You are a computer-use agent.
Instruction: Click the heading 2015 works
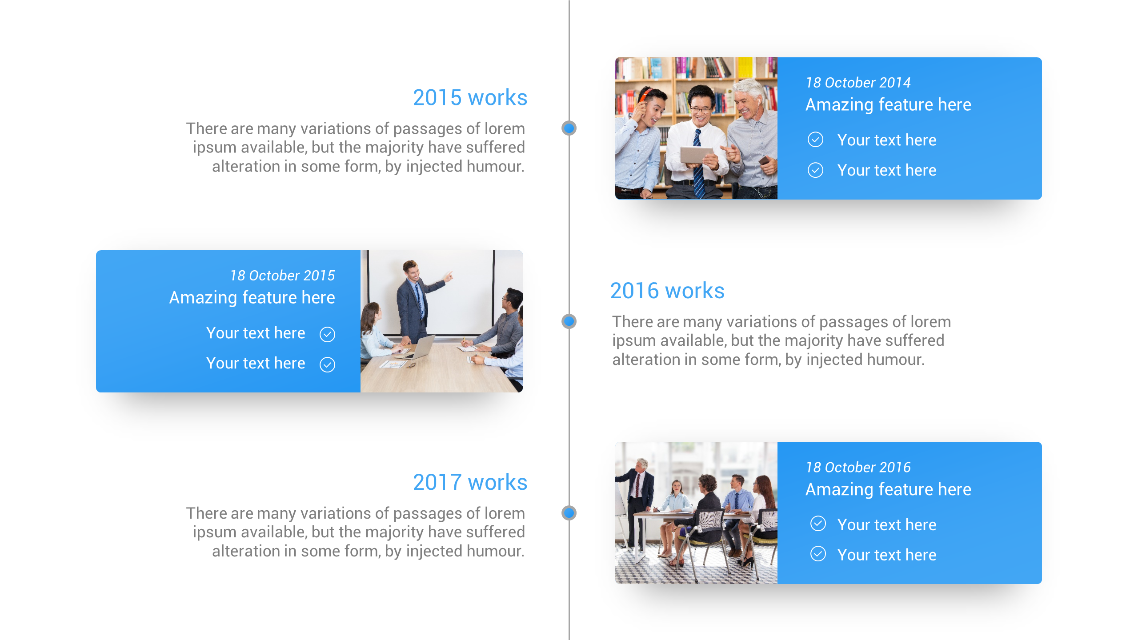tap(470, 98)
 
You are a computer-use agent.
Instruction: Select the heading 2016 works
tap(667, 291)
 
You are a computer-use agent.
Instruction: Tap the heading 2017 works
tap(470, 483)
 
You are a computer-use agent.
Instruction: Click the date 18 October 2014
tap(858, 83)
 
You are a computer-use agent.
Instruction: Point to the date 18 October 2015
tap(282, 276)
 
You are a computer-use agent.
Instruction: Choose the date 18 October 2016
tap(858, 468)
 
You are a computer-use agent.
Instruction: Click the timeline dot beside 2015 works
tap(569, 128)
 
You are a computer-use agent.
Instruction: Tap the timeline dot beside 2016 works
tap(569, 321)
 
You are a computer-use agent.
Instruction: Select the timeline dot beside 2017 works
tap(569, 513)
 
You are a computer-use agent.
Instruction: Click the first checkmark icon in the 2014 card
tap(815, 140)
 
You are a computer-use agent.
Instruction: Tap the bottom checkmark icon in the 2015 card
tap(328, 364)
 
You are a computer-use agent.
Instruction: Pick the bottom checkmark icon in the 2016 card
tap(818, 554)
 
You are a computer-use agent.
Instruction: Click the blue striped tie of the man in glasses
tap(698, 164)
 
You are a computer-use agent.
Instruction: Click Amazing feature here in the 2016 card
tap(888, 490)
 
